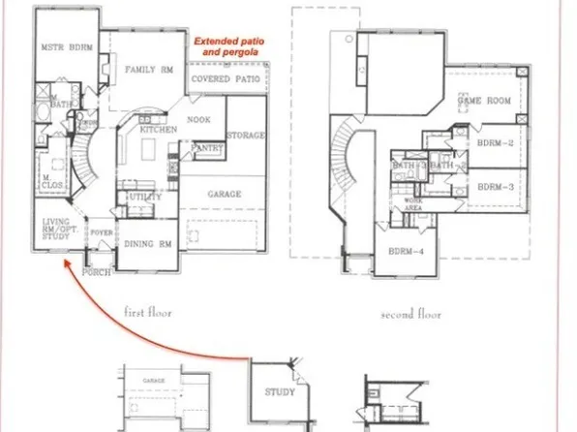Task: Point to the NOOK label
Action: click(199, 119)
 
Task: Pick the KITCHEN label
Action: click(157, 129)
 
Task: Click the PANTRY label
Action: click(208, 148)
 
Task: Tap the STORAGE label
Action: click(246, 135)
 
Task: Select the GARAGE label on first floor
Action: click(225, 194)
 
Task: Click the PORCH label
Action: click(97, 272)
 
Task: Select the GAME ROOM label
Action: click(483, 100)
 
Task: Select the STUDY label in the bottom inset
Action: click(281, 392)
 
